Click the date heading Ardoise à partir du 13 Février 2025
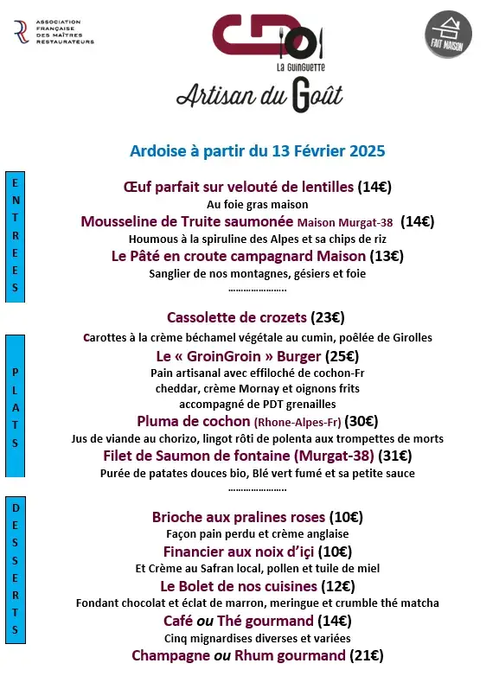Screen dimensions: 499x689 pos(257,150)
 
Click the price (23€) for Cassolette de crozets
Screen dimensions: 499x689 pos(328,317)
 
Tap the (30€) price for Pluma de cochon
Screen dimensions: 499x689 pos(361,422)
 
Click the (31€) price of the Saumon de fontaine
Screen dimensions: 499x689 pos(394,456)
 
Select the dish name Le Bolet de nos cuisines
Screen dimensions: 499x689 pos(227,586)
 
